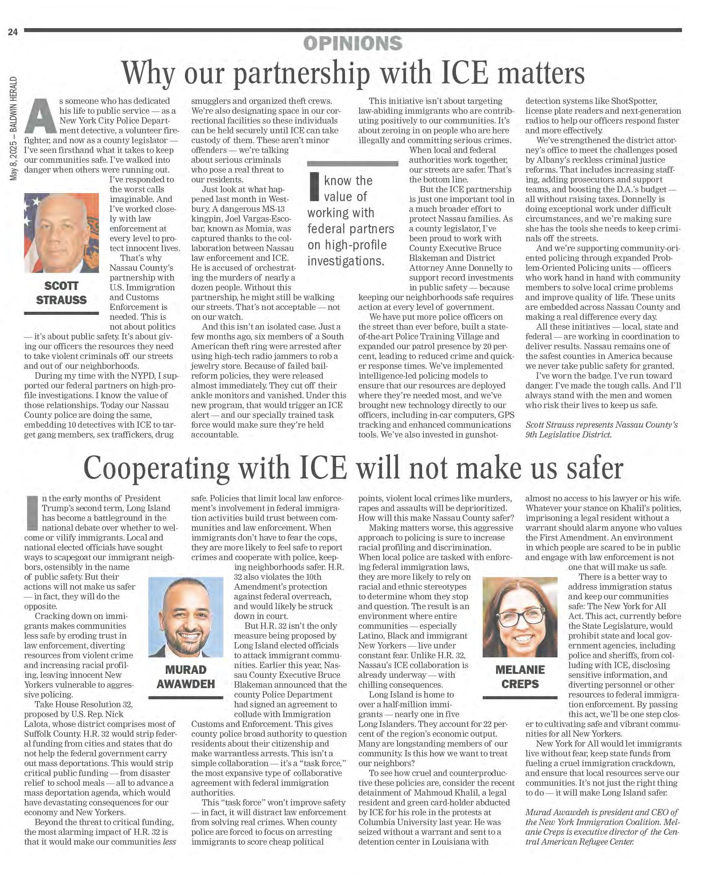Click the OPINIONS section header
pyautogui.click(x=353, y=43)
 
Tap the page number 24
pyautogui.click(x=12, y=32)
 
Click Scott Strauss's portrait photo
pyautogui.click(x=62, y=232)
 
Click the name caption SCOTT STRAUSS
pyautogui.click(x=61, y=293)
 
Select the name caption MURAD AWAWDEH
pyautogui.click(x=185, y=677)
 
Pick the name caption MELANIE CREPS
pyautogui.click(x=520, y=677)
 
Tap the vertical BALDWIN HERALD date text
pyautogui.click(x=14, y=129)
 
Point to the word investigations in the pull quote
pyautogui.click(x=345, y=261)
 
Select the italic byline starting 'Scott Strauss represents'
pyautogui.click(x=601, y=429)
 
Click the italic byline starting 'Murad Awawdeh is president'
pyautogui.click(x=601, y=826)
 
